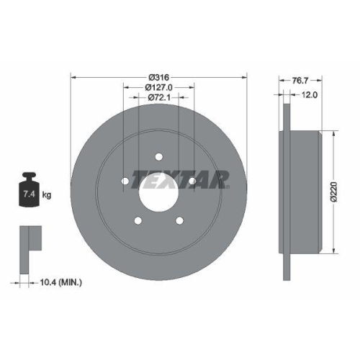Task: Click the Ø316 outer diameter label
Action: [x=158, y=77]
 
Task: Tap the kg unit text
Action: [x=48, y=194]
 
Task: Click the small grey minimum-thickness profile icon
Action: [x=29, y=238]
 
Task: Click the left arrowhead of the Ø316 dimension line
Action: [x=73, y=77]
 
